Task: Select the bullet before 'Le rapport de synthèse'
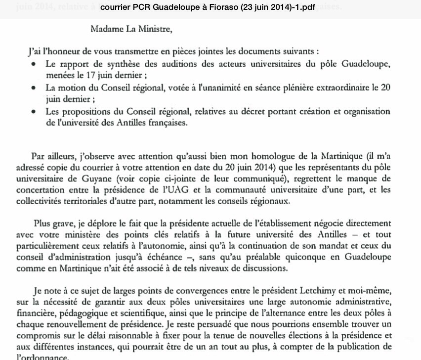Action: (x=33, y=65)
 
